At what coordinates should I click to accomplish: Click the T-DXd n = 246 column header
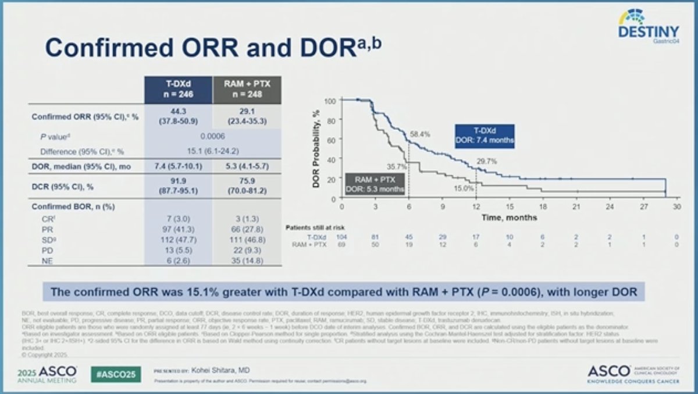178,90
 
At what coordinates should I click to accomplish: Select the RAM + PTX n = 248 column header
247,90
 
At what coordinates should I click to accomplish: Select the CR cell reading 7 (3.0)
178,222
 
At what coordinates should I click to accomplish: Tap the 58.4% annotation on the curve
421,134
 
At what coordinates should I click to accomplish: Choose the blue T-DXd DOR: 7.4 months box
484,136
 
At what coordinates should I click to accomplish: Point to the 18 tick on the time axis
543,207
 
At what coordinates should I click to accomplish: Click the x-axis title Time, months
509,217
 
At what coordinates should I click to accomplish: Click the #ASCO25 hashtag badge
116,373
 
